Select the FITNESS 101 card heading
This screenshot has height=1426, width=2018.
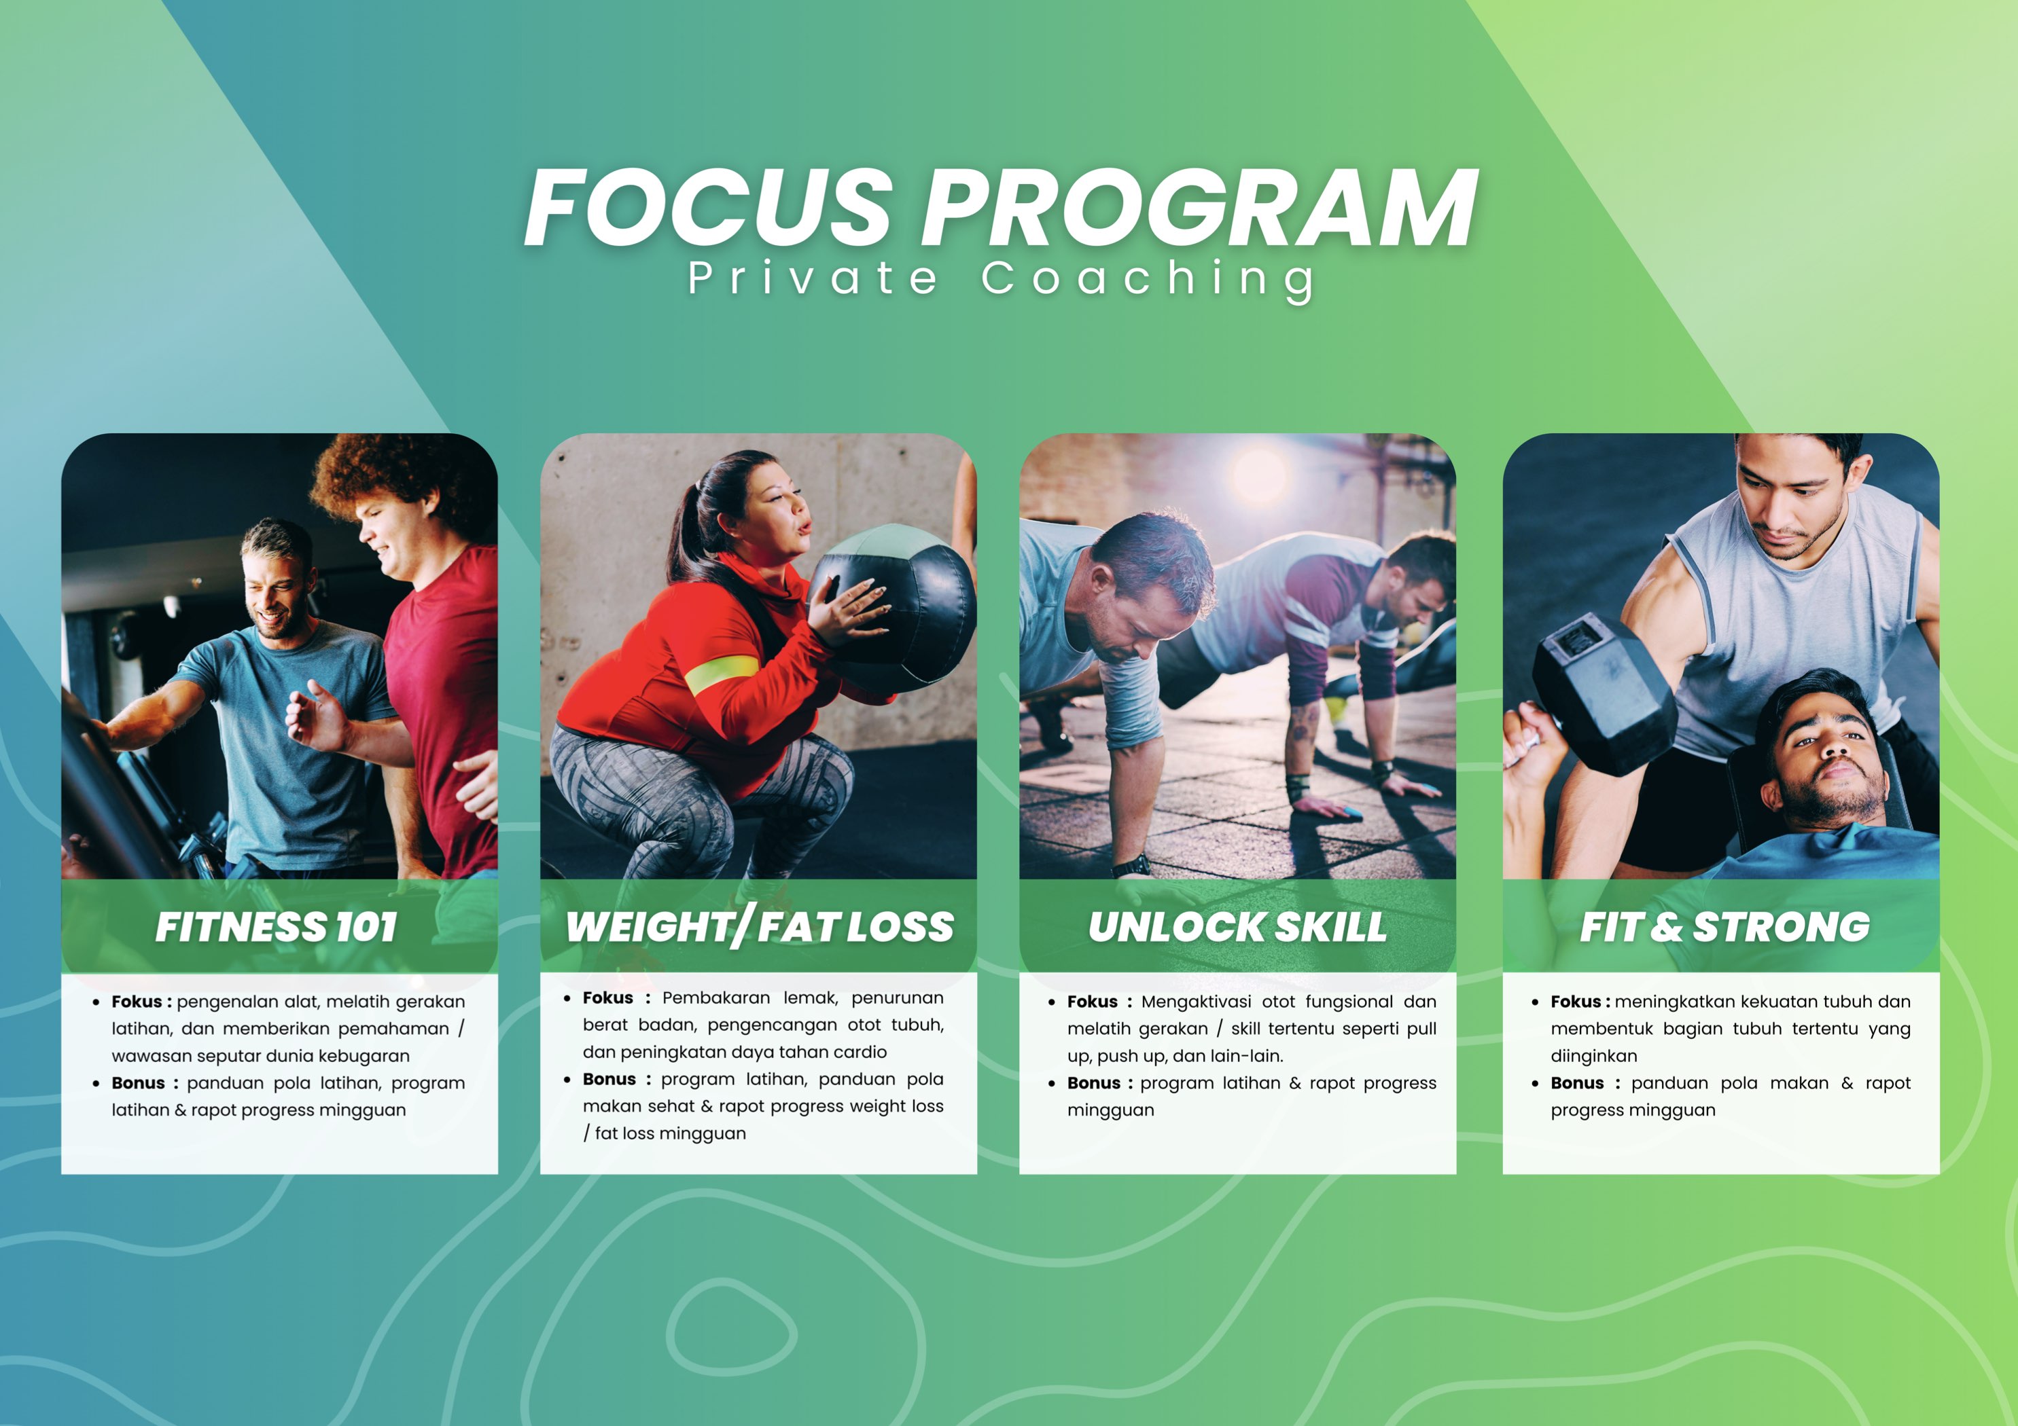[x=277, y=927]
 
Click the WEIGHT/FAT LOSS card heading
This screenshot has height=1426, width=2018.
[x=760, y=928]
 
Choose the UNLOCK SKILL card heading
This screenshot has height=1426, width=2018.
[x=1237, y=927]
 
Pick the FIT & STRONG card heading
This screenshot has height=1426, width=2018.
[x=1724, y=927]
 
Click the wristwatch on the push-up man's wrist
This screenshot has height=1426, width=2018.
[x=1131, y=866]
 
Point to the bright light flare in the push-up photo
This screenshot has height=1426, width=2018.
[x=1258, y=475]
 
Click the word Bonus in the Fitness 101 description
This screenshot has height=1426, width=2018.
[x=138, y=1083]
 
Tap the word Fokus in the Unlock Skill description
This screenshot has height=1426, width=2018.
[x=1093, y=1002]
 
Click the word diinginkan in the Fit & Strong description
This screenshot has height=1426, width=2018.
[x=1593, y=1056]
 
